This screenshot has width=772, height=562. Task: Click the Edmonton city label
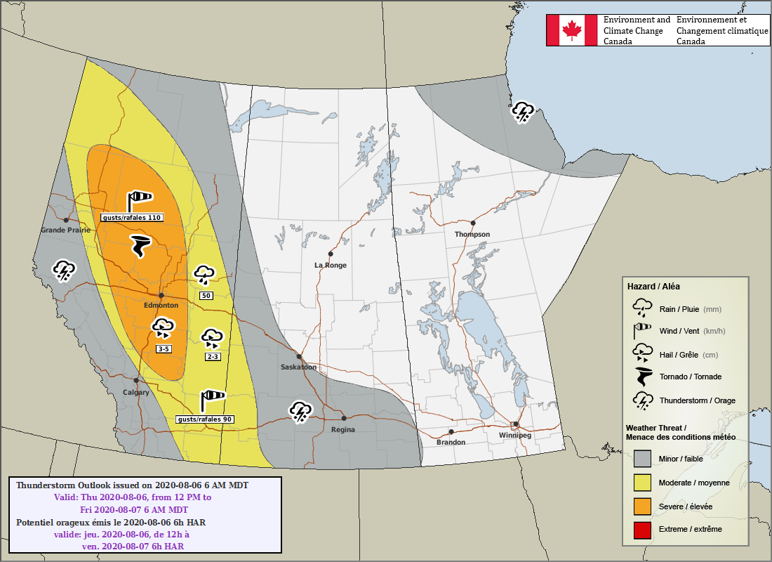coord(161,306)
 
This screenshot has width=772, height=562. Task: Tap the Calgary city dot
coord(136,380)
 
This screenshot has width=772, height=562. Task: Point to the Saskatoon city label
coord(298,367)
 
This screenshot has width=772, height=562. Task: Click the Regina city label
coord(343,429)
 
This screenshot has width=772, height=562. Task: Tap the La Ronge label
coord(330,265)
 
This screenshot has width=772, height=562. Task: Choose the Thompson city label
coord(472,234)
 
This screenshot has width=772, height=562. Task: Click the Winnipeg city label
coord(514,436)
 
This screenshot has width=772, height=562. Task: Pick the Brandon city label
coord(451,442)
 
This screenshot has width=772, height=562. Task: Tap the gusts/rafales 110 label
coord(132,218)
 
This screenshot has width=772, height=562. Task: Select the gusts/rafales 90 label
coord(204,419)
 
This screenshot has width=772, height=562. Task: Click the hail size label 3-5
coord(164,348)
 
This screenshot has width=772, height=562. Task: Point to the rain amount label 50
coord(206,296)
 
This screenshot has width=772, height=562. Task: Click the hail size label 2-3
coord(213,357)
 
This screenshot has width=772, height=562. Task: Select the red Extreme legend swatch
coord(643,529)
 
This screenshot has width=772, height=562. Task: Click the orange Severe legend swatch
coord(643,506)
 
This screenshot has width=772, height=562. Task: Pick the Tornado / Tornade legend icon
coord(642,377)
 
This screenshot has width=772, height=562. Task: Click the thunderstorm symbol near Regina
coord(301,411)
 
